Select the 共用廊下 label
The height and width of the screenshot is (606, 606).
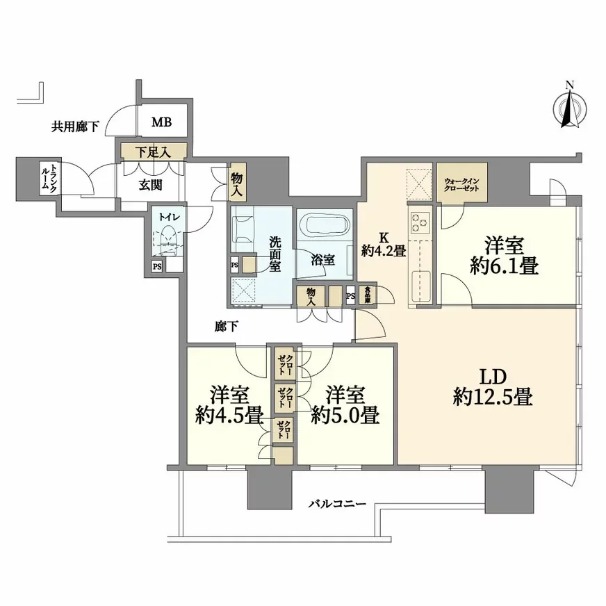(75, 127)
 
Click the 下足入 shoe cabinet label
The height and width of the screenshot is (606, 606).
(152, 151)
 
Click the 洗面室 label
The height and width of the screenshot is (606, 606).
(276, 254)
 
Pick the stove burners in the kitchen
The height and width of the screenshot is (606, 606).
(420, 223)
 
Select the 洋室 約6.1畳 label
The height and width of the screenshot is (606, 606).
(504, 256)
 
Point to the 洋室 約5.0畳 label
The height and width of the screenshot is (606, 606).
(345, 406)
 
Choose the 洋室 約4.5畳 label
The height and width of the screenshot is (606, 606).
(228, 406)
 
